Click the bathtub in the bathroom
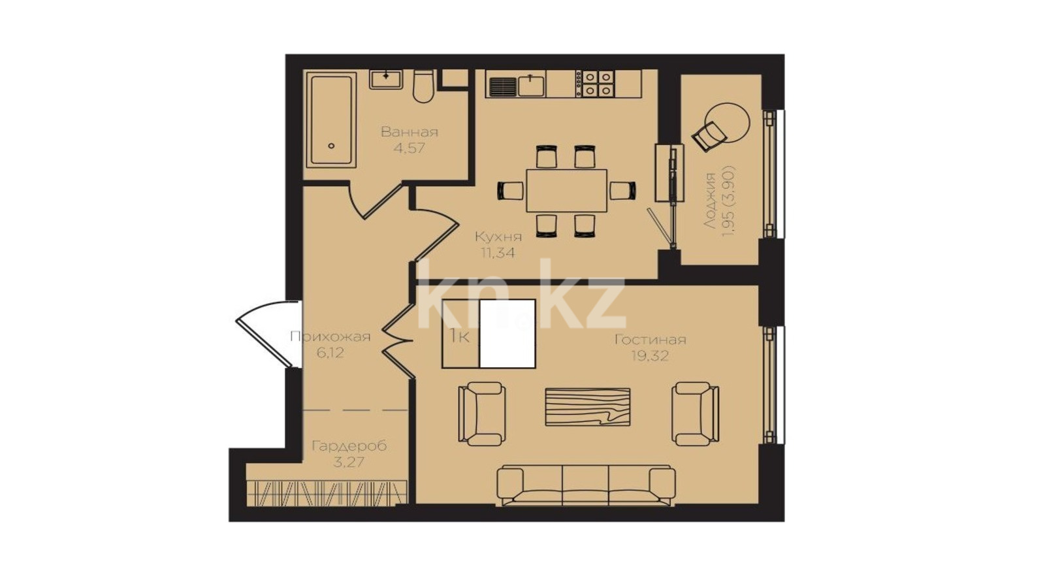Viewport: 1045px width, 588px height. [330, 120]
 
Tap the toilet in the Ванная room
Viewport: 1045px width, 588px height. [424, 86]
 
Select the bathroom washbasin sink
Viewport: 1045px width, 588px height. [386, 79]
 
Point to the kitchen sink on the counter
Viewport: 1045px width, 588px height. [531, 86]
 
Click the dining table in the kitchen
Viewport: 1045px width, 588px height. [567, 190]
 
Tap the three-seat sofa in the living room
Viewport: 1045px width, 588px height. [586, 485]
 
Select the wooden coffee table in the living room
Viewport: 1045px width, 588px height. [588, 407]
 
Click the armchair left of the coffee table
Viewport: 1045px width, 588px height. [482, 414]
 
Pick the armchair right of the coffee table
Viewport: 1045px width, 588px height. [695, 414]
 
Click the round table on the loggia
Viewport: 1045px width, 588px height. [727, 123]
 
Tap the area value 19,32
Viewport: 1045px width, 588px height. [650, 357]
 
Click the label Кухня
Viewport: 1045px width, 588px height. [498, 237]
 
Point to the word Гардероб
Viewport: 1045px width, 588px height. [349, 446]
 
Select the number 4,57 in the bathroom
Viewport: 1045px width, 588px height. [409, 148]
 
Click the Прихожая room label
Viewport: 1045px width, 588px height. [330, 336]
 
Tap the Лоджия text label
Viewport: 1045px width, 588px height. [710, 201]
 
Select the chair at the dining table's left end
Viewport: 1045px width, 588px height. [510, 190]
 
